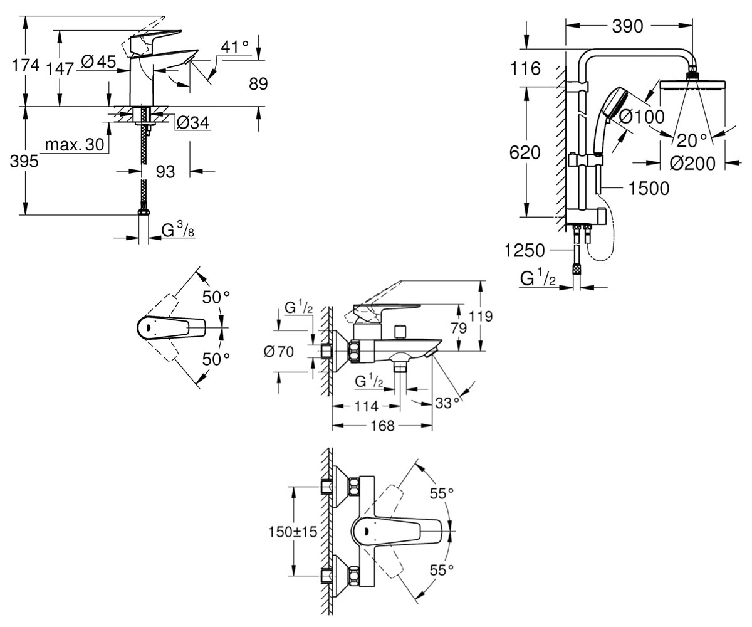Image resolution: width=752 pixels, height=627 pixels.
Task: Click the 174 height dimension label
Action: tap(26, 66)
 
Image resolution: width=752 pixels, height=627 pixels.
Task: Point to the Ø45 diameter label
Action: tap(98, 61)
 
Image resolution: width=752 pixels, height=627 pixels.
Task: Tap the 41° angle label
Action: tap(235, 47)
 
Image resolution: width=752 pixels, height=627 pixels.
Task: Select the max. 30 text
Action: tap(75, 144)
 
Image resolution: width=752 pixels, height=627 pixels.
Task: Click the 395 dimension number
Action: tap(24, 161)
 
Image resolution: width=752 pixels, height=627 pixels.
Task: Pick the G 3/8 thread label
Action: tap(178, 230)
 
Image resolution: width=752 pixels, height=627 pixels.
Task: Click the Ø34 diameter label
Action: tap(192, 123)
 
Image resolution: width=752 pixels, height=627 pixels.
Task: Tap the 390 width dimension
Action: tap(627, 26)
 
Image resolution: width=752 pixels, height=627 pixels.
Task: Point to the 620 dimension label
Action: tap(525, 152)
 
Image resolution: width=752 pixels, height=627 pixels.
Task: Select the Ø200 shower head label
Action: tap(692, 164)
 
